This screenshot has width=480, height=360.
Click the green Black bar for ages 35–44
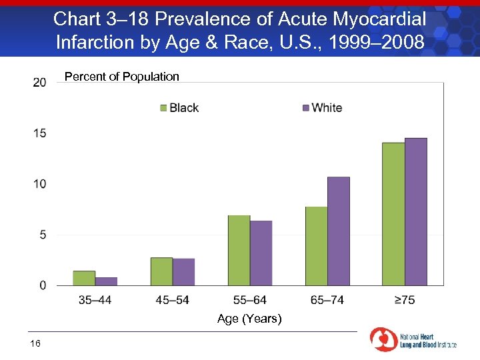84,278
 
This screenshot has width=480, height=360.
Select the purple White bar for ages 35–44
106,281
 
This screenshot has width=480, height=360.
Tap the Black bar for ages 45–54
161,271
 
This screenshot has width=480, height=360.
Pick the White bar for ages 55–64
261,253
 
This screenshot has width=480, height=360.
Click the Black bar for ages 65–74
316,246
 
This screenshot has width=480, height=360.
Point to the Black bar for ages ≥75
393,214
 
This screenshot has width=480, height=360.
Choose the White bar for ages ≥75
415,211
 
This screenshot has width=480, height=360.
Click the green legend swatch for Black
163,108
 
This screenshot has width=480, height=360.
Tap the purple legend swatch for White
306,108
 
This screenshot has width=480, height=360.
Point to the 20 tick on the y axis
39,82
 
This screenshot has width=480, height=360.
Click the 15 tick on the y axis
39,133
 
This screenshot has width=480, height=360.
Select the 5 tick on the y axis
42,235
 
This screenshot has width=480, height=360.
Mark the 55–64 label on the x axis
249,300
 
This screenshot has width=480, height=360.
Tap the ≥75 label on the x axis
404,300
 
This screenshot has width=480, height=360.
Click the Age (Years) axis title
249,319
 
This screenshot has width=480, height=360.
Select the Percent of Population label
121,77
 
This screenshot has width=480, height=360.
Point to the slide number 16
35,343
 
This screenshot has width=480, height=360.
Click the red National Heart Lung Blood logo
383,339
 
